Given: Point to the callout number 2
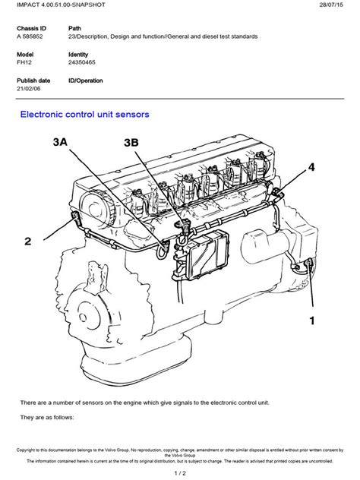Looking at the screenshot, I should point(27,242).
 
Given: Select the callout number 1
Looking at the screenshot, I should point(311,321).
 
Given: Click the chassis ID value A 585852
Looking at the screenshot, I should point(33,36).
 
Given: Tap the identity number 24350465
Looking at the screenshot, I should point(84,66).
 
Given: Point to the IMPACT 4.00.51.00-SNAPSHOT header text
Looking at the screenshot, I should point(55,6).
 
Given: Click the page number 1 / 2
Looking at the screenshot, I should point(179,473).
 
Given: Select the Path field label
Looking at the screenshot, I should point(76,27).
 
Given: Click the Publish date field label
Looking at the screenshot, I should point(36,79).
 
